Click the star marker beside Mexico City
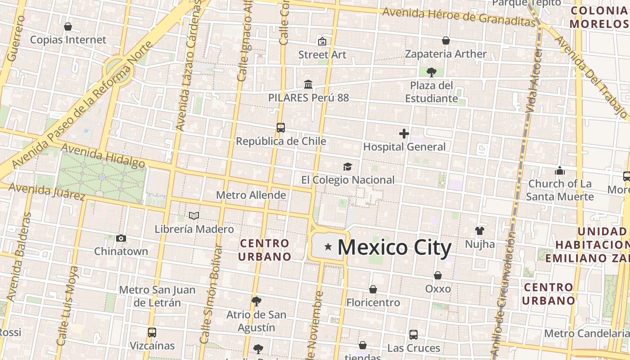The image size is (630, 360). [328, 247]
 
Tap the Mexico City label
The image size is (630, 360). [394, 248]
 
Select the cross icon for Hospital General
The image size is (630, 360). [404, 133]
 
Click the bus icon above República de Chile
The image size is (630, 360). [281, 128]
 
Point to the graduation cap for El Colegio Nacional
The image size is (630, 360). [347, 167]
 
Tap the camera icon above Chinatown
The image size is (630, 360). [121, 238]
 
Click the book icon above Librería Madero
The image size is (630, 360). [194, 216]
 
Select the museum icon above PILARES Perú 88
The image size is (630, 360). [308, 84]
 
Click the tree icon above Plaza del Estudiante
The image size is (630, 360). [431, 72]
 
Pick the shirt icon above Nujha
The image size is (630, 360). [480, 231]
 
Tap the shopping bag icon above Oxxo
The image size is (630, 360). [437, 275]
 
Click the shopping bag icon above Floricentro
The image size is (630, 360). [373, 289]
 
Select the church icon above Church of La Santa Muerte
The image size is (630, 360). [560, 171]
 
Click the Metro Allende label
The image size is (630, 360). [251, 195]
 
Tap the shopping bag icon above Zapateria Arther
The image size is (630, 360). [446, 40]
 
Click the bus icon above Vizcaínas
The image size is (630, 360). [152, 333]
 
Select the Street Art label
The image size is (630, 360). [322, 54]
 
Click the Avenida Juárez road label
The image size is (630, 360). [47, 192]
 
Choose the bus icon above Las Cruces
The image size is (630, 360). [414, 335]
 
